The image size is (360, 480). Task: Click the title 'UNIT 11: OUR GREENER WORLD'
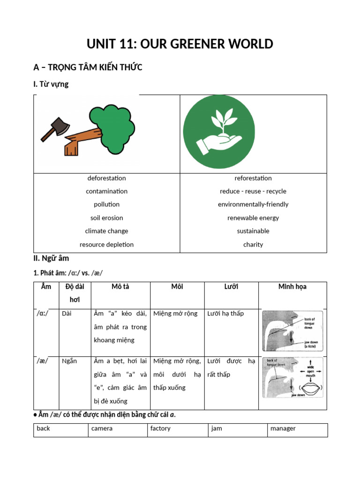coord(180,44)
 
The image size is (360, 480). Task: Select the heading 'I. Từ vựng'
coord(51,84)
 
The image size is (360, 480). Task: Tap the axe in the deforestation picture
coord(55,128)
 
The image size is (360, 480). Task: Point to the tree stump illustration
coord(71,148)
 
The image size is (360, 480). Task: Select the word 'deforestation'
coord(106,178)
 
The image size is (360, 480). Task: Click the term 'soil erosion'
coord(106,217)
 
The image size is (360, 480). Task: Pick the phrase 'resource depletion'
coord(106,244)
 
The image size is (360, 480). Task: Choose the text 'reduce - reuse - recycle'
coord(253,191)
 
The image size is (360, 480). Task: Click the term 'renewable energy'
coord(253,217)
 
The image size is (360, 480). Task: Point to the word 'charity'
coord(253,244)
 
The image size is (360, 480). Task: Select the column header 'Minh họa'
coord(292,286)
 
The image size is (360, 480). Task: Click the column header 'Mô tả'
coord(120,286)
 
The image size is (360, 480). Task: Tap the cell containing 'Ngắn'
coord(68,361)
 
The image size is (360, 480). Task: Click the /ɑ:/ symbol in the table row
coord(43,314)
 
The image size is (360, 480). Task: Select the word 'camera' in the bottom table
coord(102,428)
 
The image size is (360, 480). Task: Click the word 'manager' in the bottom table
coord(283,428)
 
